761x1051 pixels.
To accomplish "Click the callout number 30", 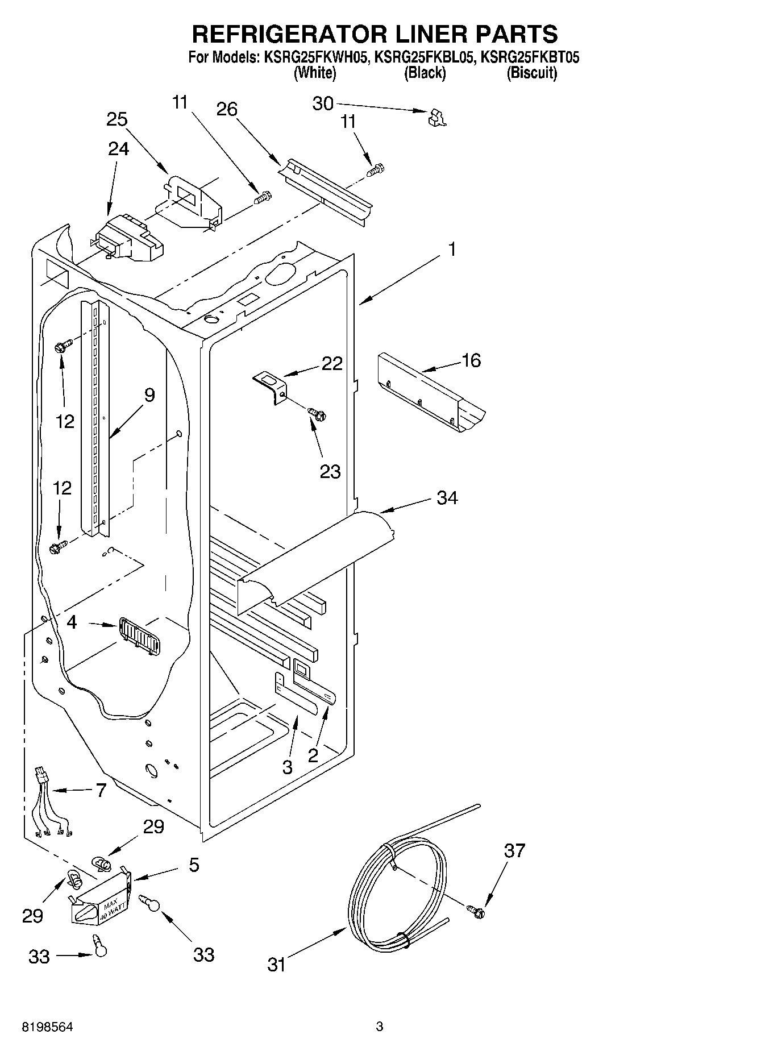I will click(x=323, y=103).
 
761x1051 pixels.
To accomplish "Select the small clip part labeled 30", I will click(x=436, y=118).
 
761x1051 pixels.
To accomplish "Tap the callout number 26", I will click(x=227, y=109).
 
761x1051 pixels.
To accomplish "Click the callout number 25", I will click(x=117, y=119).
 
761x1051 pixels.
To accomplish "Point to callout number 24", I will click(x=118, y=149).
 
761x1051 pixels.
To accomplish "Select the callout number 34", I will click(x=447, y=498).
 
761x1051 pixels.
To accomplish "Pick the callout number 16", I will click(x=472, y=360).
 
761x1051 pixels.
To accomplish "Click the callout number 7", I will click(x=101, y=790).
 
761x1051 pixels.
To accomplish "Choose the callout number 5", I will click(x=194, y=865).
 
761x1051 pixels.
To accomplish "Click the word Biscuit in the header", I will click(x=532, y=73).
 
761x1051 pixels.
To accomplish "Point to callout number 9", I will click(x=149, y=395).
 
